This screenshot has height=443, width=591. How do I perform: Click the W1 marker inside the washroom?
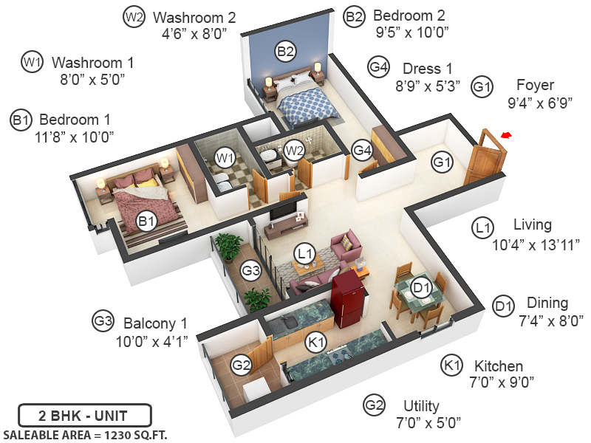coord(225,157)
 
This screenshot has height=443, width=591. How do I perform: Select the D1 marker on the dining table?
coord(421,286)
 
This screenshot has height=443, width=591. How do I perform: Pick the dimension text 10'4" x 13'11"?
coord(536,243)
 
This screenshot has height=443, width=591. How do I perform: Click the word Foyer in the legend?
coord(535,85)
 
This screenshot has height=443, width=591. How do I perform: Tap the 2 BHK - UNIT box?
coord(84,414)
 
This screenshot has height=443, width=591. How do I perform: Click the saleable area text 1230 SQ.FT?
coord(86,434)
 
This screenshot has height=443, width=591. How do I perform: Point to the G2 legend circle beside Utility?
coord(375,405)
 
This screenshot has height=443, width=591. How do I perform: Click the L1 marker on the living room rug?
coord(304,253)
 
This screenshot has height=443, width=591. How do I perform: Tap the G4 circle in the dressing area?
coord(362,151)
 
